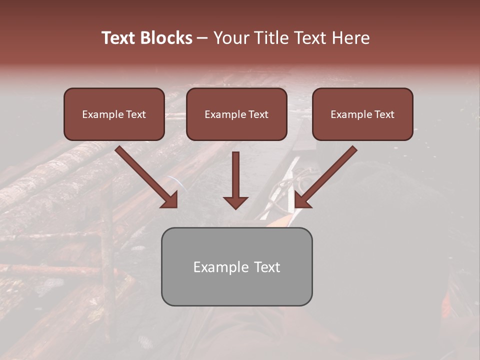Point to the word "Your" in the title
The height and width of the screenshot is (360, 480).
(x=231, y=38)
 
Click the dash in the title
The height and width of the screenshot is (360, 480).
(x=202, y=38)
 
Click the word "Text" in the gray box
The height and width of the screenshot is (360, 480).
(x=267, y=267)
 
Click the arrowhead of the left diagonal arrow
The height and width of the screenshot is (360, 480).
(x=170, y=200)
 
